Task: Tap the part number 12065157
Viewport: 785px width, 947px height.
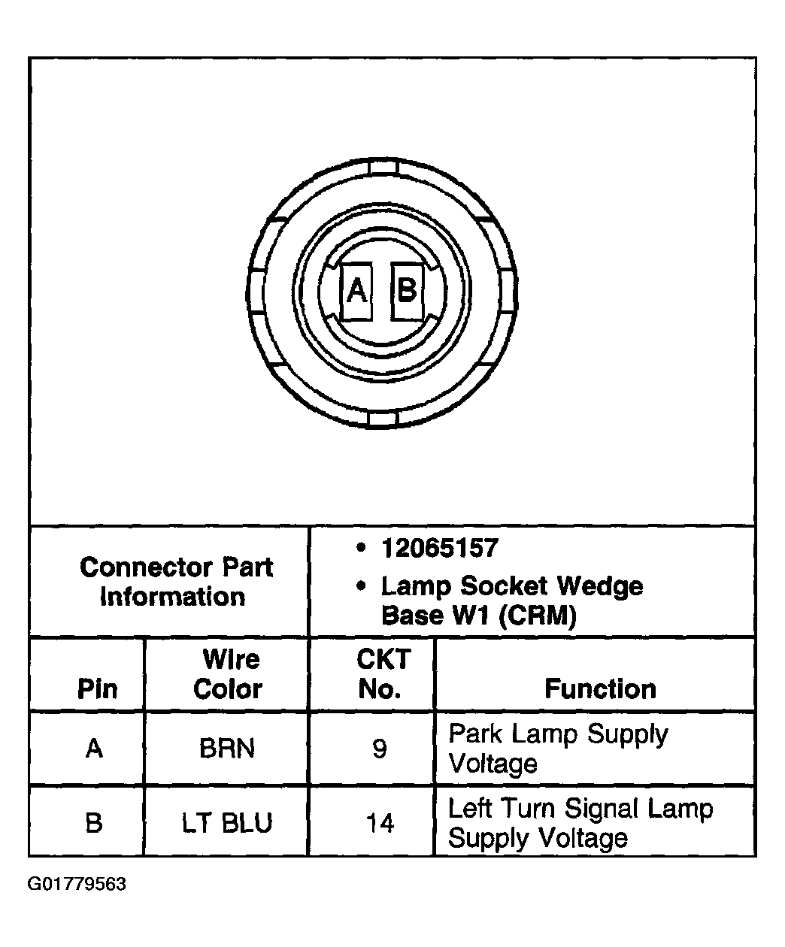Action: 439,548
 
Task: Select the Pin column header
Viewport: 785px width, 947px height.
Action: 97,688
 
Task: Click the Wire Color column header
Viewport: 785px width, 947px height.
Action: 228,674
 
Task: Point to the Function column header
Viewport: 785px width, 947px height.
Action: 600,688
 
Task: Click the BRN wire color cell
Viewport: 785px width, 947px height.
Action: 227,749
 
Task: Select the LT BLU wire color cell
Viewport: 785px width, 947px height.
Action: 227,824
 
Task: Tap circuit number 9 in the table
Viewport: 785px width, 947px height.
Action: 380,749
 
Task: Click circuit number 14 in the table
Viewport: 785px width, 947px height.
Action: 380,824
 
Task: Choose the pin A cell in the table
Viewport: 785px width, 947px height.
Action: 94,749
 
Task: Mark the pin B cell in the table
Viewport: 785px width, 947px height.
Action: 94,824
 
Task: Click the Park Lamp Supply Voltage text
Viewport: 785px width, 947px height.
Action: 557,749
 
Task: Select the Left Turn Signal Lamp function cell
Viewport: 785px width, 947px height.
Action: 580,823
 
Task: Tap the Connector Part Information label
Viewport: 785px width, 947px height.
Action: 174,582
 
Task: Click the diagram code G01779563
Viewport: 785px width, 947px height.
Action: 77,884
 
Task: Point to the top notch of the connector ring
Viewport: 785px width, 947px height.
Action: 383,166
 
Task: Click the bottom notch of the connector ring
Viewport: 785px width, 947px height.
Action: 383,419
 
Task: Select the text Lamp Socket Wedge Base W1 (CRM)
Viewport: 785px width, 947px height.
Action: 511,601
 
